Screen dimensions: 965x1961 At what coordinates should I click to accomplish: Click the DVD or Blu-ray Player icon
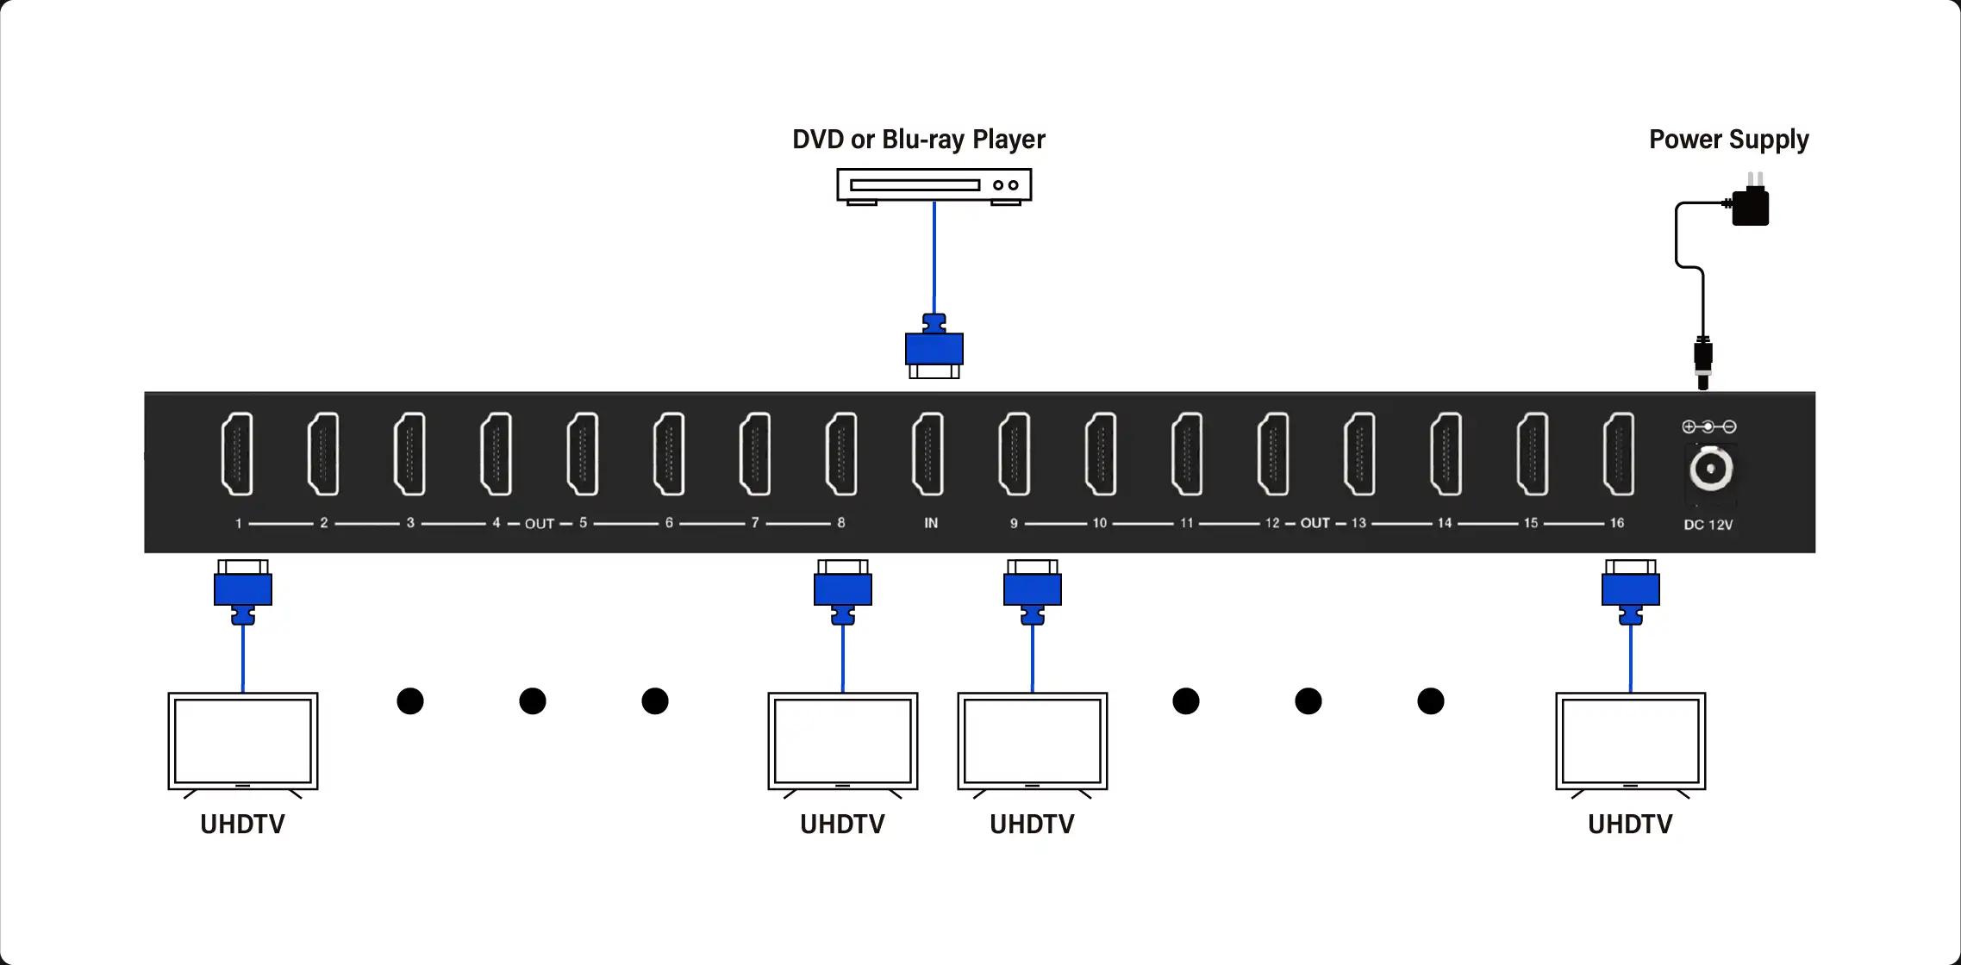(934, 186)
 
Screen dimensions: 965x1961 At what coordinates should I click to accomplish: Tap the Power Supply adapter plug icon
(1750, 205)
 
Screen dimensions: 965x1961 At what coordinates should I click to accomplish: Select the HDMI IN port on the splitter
(928, 454)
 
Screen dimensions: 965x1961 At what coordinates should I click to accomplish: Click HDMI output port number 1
(237, 454)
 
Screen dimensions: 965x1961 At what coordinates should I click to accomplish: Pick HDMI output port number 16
(1619, 454)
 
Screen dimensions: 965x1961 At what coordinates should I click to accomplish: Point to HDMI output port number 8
(841, 454)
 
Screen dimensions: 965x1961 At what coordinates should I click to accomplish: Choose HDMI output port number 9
(1015, 454)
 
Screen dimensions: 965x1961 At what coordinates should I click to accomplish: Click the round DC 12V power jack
(1710, 470)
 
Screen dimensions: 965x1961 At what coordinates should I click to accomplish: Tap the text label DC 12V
(1708, 525)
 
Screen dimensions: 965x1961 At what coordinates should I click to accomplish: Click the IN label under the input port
(931, 523)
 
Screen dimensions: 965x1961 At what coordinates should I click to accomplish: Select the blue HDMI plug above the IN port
(934, 346)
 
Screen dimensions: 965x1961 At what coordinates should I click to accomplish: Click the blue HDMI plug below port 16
(1630, 591)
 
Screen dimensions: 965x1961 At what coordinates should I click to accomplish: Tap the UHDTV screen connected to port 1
(243, 741)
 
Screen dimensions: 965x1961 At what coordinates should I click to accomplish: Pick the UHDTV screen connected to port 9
(1033, 741)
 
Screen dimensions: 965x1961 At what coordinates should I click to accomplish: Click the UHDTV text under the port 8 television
(842, 825)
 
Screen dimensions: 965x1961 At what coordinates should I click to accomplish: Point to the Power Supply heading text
(1728, 140)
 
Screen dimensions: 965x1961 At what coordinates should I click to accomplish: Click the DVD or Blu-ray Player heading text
(918, 140)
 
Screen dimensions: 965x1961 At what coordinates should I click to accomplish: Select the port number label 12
(1272, 523)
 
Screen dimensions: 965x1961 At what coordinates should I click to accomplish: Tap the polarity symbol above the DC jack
(1708, 426)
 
